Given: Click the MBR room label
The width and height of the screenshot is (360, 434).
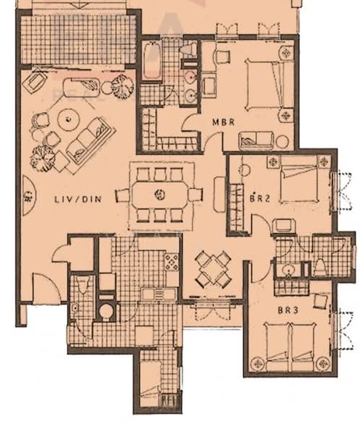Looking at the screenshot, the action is click(x=223, y=122).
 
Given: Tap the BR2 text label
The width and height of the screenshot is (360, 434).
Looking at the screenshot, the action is click(x=260, y=198).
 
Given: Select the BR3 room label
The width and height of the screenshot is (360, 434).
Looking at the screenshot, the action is click(x=288, y=310).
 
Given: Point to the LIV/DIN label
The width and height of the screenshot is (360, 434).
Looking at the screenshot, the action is click(x=78, y=199).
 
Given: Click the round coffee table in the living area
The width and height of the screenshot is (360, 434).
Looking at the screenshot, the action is click(x=69, y=119).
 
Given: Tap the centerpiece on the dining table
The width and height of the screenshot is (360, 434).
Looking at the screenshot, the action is click(x=160, y=195).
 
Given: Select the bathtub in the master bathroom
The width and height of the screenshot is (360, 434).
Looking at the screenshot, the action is click(x=151, y=61).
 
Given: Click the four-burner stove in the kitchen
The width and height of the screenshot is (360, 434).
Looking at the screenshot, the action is click(x=172, y=262).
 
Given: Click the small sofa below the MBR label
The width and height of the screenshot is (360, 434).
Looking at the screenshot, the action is click(x=256, y=141).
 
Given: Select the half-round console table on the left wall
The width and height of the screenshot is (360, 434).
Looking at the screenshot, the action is click(x=30, y=196).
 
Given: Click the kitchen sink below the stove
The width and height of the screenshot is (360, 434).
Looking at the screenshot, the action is click(x=159, y=294).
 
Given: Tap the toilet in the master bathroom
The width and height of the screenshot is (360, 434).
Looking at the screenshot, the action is click(x=189, y=51).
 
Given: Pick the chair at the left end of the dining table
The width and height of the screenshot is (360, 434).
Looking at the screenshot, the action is click(x=122, y=195).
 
